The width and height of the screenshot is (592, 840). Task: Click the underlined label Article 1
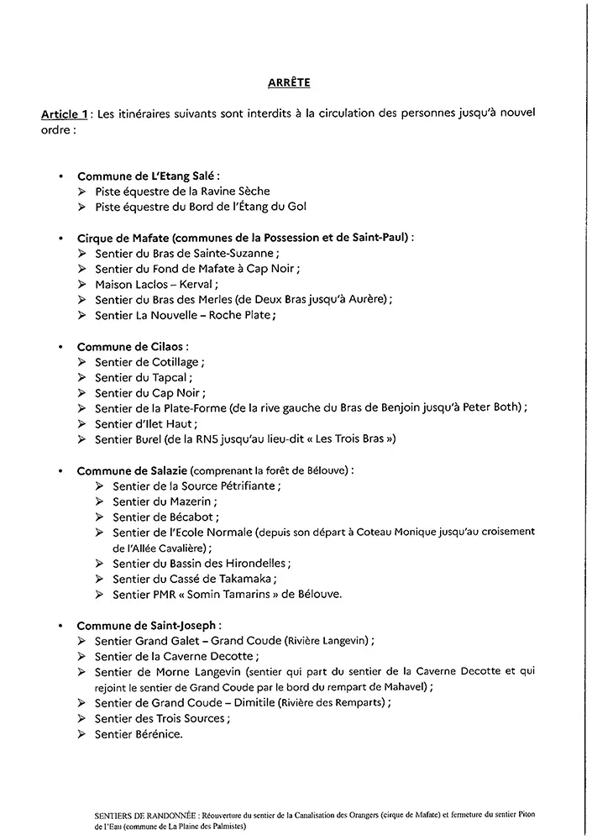(x=65, y=113)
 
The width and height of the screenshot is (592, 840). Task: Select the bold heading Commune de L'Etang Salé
(x=148, y=176)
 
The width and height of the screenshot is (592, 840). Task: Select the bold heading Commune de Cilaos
(x=133, y=346)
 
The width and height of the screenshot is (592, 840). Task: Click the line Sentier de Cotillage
(x=149, y=361)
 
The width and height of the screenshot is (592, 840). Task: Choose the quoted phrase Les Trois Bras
(x=353, y=439)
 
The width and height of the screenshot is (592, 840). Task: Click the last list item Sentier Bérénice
(x=138, y=734)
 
